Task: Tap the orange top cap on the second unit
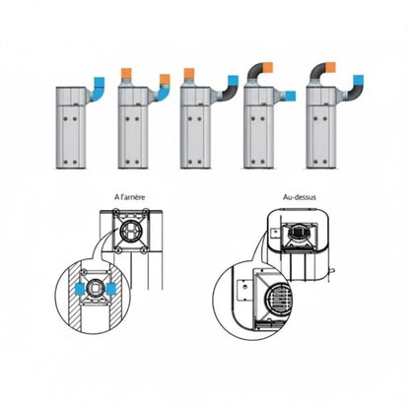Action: (128, 72)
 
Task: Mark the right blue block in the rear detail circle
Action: (115, 291)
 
